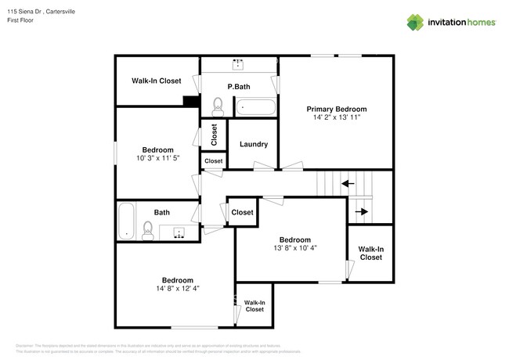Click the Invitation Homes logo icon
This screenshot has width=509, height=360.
(x=413, y=22)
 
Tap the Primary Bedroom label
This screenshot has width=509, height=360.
(x=336, y=110)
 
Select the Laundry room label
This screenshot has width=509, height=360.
(x=253, y=144)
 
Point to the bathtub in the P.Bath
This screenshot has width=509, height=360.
(x=255, y=106)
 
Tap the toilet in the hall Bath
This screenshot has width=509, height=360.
(x=147, y=229)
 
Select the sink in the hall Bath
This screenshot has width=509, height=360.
(x=179, y=232)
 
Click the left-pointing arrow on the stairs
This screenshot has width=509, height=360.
(x=346, y=184)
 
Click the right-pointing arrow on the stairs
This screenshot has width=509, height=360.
(x=361, y=211)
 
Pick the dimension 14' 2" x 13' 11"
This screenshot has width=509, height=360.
(x=336, y=118)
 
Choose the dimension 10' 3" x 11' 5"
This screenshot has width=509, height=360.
(x=157, y=158)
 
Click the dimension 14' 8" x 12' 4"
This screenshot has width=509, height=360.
(x=178, y=288)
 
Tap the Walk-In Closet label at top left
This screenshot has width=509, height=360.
(x=156, y=81)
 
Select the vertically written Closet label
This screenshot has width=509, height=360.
(x=213, y=135)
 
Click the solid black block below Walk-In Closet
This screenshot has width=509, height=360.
(x=190, y=101)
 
